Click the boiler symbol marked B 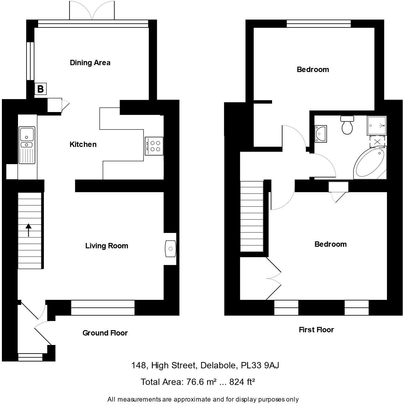point(40,89)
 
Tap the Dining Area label point(90,62)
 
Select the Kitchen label point(83,144)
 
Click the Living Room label point(107,246)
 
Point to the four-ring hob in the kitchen point(154,146)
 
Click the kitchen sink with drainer point(27,145)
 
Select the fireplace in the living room point(170,248)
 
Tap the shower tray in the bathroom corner point(377,125)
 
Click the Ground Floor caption point(105,333)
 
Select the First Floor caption point(316,330)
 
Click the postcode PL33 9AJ point(260,365)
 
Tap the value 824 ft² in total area point(242,382)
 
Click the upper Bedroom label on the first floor point(313,69)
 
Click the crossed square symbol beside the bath point(377,141)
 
